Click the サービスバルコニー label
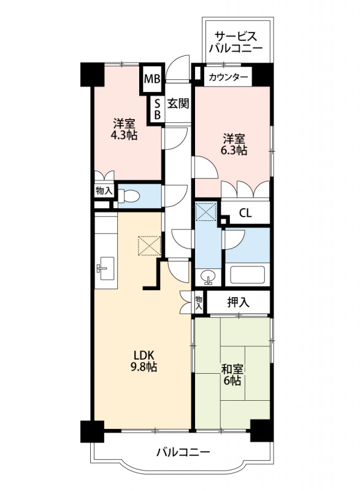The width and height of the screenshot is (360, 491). [236, 42]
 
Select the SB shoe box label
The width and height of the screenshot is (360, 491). [157, 109]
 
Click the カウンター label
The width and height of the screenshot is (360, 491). [228, 77]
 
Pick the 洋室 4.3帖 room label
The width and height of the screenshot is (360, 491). [124, 128]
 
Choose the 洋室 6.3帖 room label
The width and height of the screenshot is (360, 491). [235, 144]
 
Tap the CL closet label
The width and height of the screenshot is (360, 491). [245, 214]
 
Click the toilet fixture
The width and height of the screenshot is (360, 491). [131, 196]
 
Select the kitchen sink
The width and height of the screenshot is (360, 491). [104, 268]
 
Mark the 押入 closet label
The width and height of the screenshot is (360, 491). [238, 302]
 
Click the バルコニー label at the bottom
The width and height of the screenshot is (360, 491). [182, 453]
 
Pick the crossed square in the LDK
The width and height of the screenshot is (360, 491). [148, 245]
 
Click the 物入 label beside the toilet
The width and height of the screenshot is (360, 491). [104, 191]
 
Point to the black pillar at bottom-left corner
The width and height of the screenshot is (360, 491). [90, 431]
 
